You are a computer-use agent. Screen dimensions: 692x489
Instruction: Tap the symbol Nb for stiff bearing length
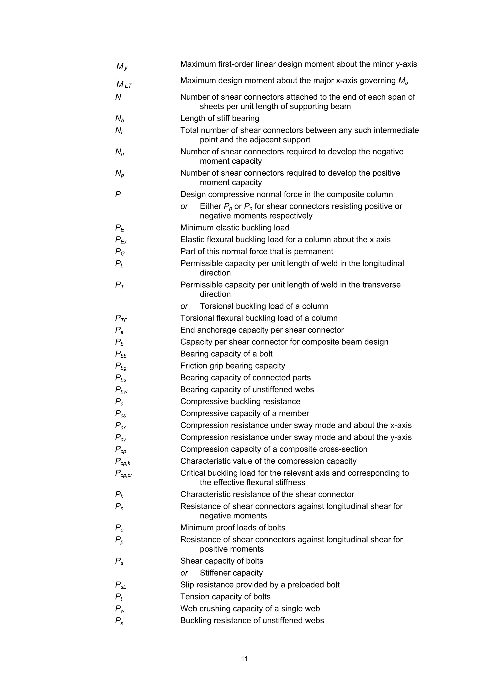120,119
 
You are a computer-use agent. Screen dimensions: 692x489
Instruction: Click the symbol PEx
121,240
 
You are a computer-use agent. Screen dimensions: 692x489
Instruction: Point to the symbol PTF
121,318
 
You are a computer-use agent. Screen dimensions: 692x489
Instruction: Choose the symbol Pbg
121,366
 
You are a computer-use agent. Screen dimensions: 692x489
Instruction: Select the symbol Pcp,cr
123,473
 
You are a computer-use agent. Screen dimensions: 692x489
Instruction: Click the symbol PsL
121,585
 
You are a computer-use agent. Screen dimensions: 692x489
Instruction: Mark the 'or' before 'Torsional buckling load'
184,306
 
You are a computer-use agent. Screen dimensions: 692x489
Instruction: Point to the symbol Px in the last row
119,621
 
